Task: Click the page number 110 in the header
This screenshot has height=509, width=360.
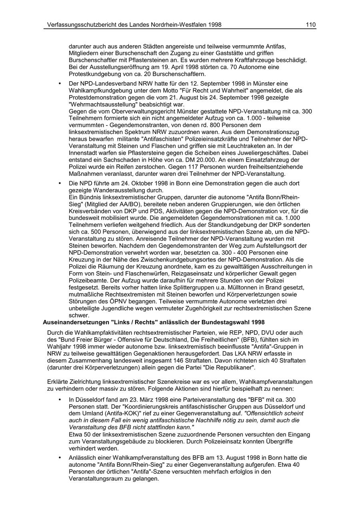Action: point(311,25)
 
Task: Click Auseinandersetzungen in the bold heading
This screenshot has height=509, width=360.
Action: point(75,322)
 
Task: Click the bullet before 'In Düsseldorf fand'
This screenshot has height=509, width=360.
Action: point(60,399)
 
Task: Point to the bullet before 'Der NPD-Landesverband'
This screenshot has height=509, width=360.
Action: point(60,84)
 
